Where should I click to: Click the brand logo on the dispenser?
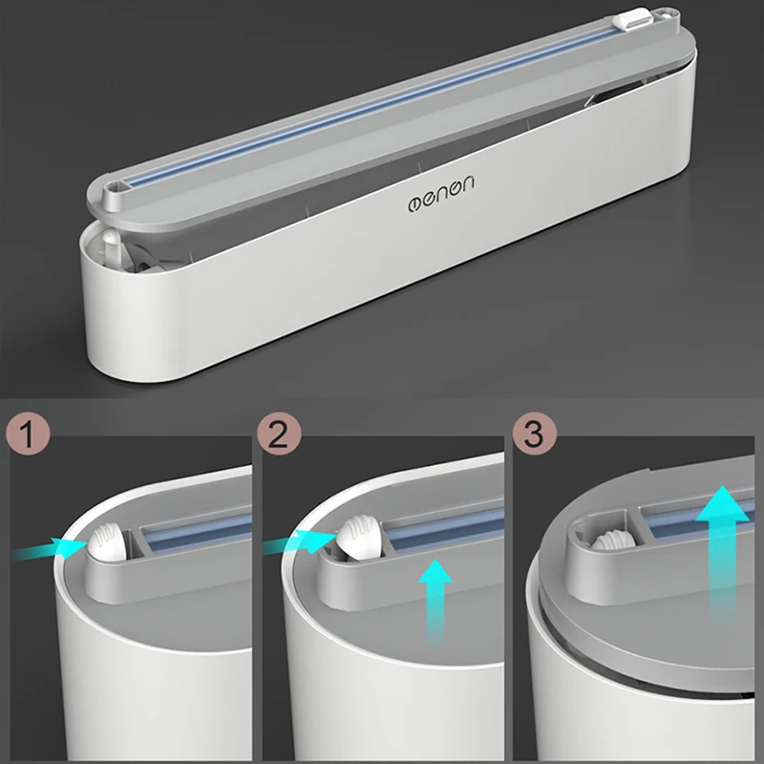pyautogui.click(x=441, y=195)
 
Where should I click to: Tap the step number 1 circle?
pyautogui.click(x=28, y=434)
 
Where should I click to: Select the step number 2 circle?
pyautogui.click(x=279, y=434)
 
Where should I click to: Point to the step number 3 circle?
pyautogui.click(x=535, y=434)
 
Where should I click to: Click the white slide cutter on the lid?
pyautogui.click(x=631, y=19)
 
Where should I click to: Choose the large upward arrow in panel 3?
pyautogui.click(x=723, y=553)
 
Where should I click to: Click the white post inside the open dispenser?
pyautogui.click(x=111, y=247)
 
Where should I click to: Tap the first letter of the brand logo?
pyautogui.click(x=414, y=203)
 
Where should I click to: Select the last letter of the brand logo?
pyautogui.click(x=467, y=184)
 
